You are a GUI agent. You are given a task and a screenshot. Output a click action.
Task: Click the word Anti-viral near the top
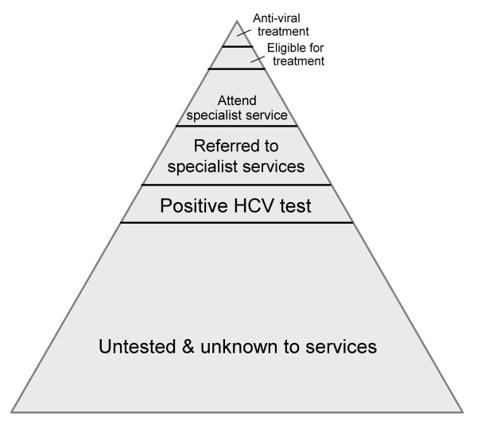click(x=277, y=18)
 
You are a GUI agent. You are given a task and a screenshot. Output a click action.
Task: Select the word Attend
click(x=236, y=101)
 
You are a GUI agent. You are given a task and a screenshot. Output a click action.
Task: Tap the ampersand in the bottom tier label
click(x=200, y=348)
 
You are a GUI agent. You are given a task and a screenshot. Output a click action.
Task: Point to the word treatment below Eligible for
click(x=296, y=60)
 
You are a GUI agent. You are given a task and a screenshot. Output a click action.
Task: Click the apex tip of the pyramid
click(x=237, y=21)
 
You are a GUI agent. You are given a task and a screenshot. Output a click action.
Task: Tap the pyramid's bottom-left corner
click(x=11, y=412)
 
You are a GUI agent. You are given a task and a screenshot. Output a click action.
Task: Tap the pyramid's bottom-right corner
click(x=463, y=412)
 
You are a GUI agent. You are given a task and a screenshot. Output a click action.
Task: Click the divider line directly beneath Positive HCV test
click(x=236, y=223)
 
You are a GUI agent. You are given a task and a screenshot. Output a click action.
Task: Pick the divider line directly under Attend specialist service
click(x=236, y=126)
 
